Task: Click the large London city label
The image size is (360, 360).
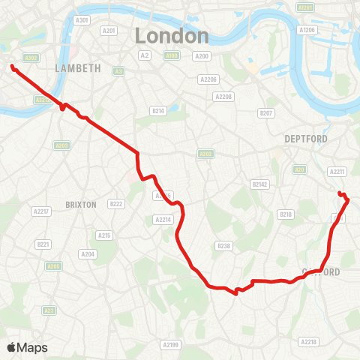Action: tap(171, 35)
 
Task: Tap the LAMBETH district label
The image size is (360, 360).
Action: tap(78, 67)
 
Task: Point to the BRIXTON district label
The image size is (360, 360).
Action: tap(81, 204)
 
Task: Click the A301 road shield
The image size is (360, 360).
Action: tap(82, 20)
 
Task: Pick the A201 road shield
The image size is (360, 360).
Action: tap(109, 31)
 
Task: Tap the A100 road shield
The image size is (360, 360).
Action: tap(172, 55)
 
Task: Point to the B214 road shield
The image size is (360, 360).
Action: tap(157, 110)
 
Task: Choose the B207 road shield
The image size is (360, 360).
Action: tap(265, 112)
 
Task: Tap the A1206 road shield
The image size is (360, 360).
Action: tap(307, 30)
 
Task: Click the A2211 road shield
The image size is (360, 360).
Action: tap(337, 171)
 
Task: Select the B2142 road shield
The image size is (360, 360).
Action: tap(260, 184)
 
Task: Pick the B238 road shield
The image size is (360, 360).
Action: tap(223, 246)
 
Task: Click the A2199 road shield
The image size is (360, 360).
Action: tap(171, 344)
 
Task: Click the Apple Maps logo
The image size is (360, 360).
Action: tap(27, 347)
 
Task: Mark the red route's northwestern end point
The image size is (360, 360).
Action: tap(13, 67)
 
